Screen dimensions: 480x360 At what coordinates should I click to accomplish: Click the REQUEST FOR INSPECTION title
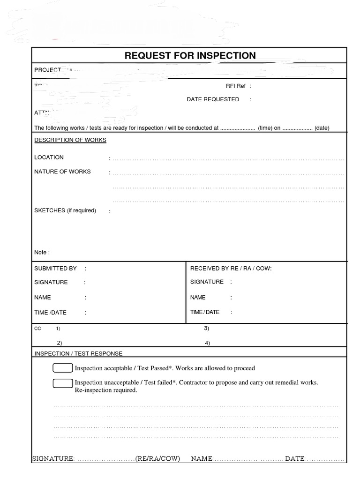190,56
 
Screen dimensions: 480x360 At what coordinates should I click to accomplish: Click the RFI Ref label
236,86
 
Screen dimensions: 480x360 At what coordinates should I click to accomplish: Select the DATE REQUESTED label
213,99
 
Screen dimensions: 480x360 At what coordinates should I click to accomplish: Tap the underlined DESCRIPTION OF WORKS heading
70,140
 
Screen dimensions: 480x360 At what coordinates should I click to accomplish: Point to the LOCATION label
49,157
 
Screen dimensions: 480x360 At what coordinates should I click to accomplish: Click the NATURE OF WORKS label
62,172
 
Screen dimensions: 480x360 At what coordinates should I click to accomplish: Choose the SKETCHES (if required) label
65,210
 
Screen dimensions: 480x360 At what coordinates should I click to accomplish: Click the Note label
42,252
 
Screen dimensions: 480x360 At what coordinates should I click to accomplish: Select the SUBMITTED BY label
55,269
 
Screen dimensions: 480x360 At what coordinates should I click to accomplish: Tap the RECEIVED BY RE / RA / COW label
231,269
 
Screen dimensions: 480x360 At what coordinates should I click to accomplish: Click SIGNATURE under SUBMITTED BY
51,282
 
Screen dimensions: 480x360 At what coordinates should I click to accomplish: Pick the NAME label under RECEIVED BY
198,297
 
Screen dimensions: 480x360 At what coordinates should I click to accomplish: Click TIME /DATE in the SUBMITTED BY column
50,313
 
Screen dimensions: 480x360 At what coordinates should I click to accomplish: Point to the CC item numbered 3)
206,328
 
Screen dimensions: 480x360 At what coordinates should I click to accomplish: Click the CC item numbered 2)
60,343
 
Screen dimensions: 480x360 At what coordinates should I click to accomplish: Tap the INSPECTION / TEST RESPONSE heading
78,353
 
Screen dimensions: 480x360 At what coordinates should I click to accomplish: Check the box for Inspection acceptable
63,368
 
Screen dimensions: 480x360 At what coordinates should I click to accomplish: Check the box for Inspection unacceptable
63,383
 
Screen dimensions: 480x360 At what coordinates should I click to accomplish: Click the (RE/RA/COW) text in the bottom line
157,458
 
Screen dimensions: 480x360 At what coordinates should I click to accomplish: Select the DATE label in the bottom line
295,458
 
